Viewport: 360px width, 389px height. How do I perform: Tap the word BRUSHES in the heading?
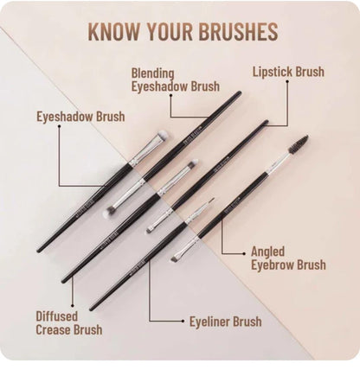coord(235,32)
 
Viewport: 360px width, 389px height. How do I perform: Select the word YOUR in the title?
coord(170,32)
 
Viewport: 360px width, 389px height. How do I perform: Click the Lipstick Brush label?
coord(288,72)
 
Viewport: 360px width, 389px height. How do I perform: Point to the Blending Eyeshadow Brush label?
coord(175,80)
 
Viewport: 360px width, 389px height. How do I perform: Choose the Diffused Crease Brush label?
coord(68,322)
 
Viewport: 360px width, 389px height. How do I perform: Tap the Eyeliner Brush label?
coord(225,322)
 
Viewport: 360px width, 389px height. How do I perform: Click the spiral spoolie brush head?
coord(298,143)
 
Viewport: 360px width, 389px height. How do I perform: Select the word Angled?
coord(268,252)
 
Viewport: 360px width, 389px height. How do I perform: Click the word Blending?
coord(153,73)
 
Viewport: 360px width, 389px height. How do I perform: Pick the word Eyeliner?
coord(210,322)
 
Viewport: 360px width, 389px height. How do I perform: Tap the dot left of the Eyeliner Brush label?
coord(183,322)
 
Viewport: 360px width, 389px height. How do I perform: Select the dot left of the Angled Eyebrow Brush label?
coord(244,252)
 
